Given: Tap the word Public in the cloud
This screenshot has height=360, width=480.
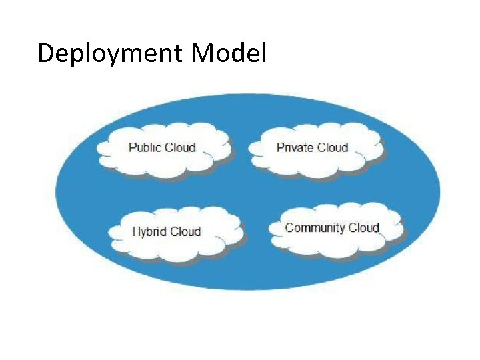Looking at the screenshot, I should click(145, 147).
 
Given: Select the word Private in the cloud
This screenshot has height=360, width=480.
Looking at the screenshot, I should click(294, 147).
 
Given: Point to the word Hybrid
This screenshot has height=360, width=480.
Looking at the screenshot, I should click(149, 232).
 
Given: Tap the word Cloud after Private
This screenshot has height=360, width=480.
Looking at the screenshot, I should click(331, 147).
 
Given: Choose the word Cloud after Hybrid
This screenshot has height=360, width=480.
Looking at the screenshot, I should click(185, 232).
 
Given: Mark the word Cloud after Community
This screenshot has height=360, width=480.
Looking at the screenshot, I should click(364, 227).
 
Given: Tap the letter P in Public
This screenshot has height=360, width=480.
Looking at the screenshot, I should click(132, 147).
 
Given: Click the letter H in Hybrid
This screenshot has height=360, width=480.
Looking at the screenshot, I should click(136, 232).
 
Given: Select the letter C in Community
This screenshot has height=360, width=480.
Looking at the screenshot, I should click(289, 227).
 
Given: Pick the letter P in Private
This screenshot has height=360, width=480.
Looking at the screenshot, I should click(280, 147).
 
